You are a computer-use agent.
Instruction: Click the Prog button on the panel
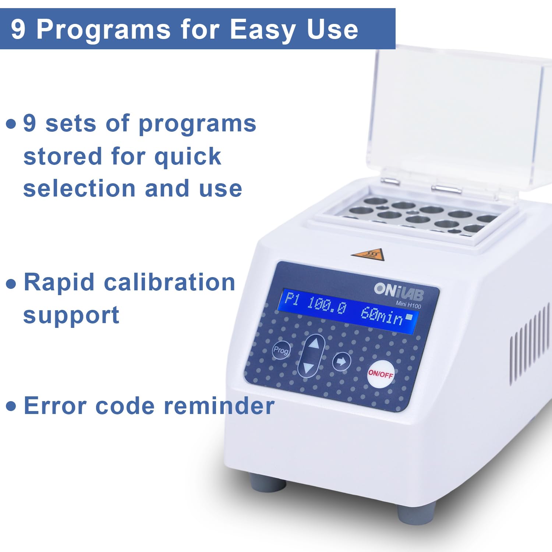[281, 350]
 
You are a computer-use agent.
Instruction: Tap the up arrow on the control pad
[314, 344]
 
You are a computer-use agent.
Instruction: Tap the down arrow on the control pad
[308, 367]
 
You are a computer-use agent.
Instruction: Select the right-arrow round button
[342, 361]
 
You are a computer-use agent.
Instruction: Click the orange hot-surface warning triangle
[368, 254]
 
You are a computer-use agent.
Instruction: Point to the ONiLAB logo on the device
[399, 292]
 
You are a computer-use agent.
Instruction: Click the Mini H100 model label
[408, 305]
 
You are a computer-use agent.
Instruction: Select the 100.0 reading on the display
[326, 305]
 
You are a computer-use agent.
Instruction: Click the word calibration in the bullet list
[170, 282]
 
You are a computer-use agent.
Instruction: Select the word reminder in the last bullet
[219, 406]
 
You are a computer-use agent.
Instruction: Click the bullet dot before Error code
[11, 406]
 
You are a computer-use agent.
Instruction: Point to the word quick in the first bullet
[188, 156]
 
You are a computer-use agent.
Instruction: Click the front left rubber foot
[268, 482]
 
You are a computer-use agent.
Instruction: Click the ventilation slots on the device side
[530, 346]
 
